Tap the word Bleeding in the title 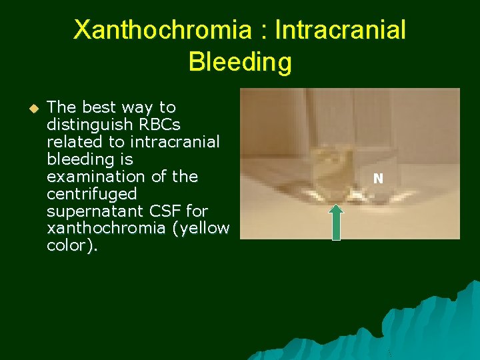240,62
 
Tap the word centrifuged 91,194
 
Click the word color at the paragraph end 69,246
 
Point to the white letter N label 378,179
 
